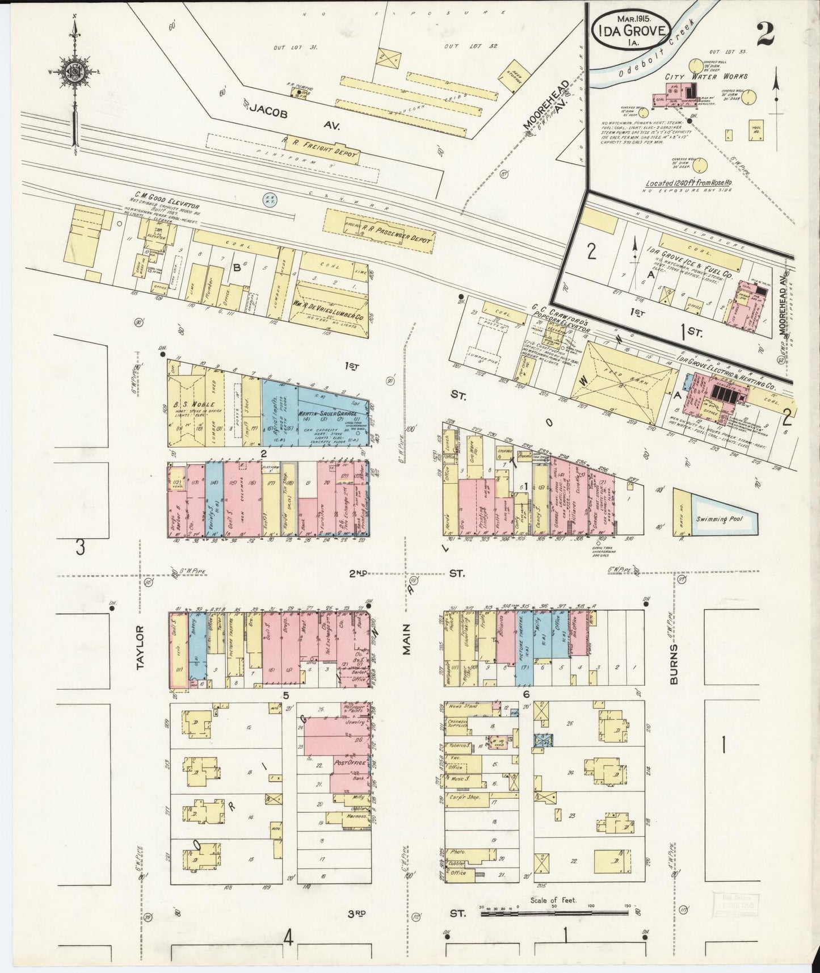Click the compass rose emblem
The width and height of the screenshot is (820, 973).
pos(74,72)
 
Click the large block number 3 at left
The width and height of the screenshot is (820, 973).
pos(81,548)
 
